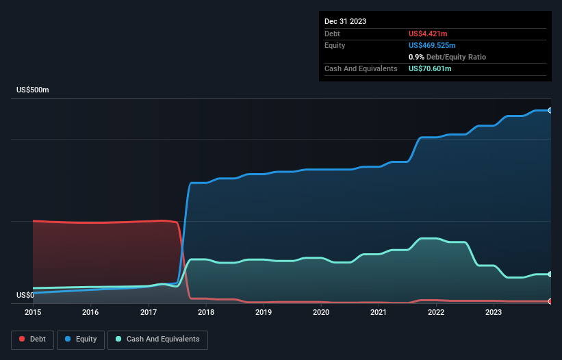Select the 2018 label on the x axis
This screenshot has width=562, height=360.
click(206, 312)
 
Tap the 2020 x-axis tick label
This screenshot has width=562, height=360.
click(321, 312)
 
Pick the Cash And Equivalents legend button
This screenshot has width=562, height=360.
click(157, 339)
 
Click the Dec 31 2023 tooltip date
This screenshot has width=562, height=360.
click(346, 21)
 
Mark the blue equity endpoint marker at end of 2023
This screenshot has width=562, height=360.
click(550, 110)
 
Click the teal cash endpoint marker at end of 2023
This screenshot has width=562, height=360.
click(550, 274)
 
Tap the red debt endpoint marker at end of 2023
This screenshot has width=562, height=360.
click(550, 301)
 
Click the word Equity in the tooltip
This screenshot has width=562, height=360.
click(335, 45)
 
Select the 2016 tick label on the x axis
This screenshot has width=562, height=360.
click(90, 312)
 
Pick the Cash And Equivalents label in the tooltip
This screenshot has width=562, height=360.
click(361, 68)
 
